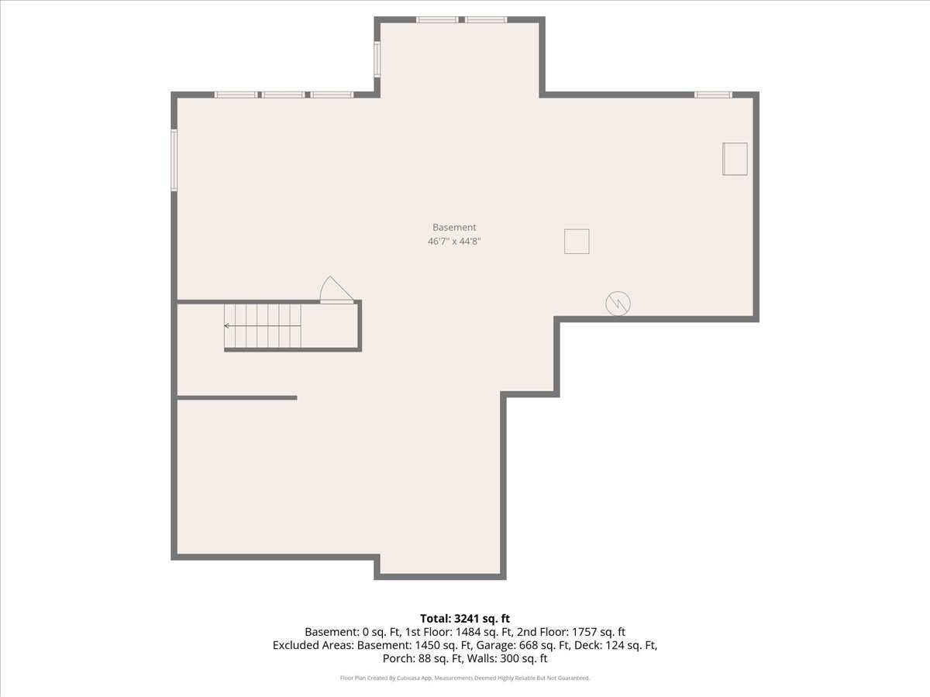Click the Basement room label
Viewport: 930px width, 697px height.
coord(454,227)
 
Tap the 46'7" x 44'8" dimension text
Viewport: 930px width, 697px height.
coord(454,241)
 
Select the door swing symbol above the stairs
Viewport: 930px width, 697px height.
coord(336,290)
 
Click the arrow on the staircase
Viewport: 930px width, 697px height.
coord(262,326)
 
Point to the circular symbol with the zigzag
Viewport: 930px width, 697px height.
coord(618,304)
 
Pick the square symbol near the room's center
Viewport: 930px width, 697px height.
coord(577,242)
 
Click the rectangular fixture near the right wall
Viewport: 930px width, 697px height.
coord(735,159)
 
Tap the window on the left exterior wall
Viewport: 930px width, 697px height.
coord(174,160)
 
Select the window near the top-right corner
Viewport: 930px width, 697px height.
coord(713,94)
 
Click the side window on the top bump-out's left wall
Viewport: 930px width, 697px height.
coord(377,59)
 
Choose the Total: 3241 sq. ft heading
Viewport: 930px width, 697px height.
coord(465,619)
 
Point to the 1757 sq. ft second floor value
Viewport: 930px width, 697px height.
coord(598,632)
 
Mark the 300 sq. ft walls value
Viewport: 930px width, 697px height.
coord(524,658)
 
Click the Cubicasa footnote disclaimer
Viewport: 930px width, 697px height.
coord(465,678)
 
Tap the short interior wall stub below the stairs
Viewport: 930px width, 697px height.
coord(237,398)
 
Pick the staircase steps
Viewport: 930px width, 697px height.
coord(262,326)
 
